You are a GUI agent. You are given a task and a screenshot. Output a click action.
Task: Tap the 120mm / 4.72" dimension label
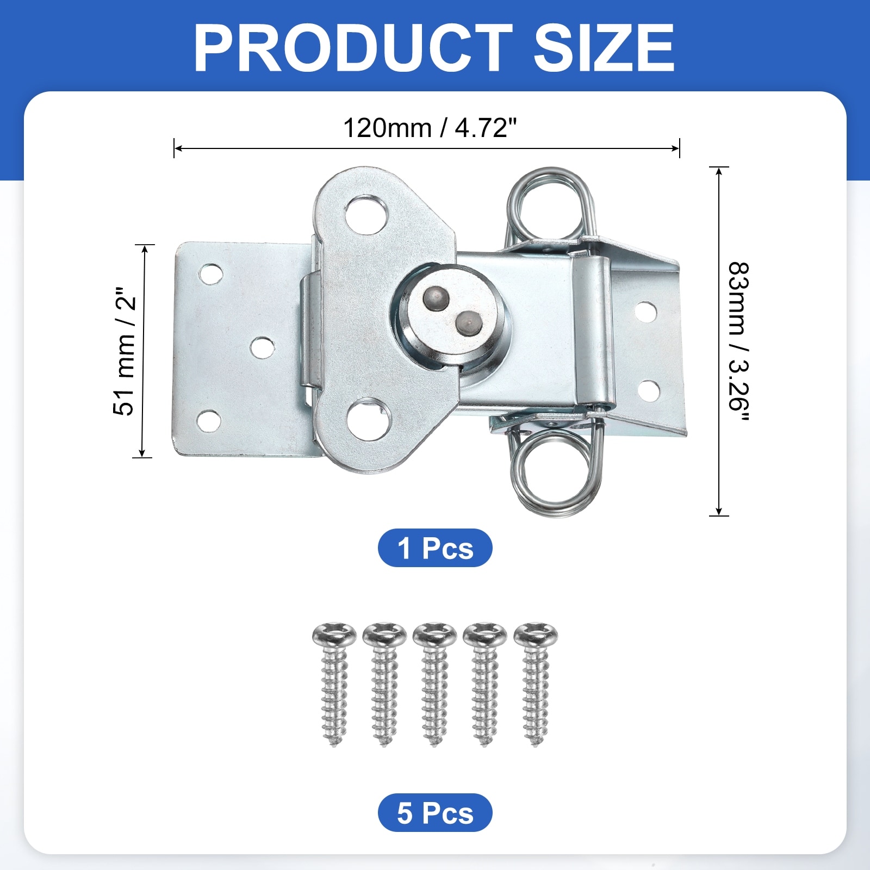coord(430,128)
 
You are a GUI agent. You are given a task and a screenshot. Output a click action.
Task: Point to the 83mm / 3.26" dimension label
coord(739,342)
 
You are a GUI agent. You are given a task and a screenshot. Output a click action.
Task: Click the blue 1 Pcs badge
coord(435,548)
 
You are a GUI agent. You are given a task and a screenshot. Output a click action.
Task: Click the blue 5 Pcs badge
coord(435,812)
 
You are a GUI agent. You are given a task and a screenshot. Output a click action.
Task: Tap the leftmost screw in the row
coord(334,684)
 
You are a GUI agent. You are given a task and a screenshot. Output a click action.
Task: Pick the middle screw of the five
coord(434,684)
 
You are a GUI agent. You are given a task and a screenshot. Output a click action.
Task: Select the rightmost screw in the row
coord(536,684)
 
